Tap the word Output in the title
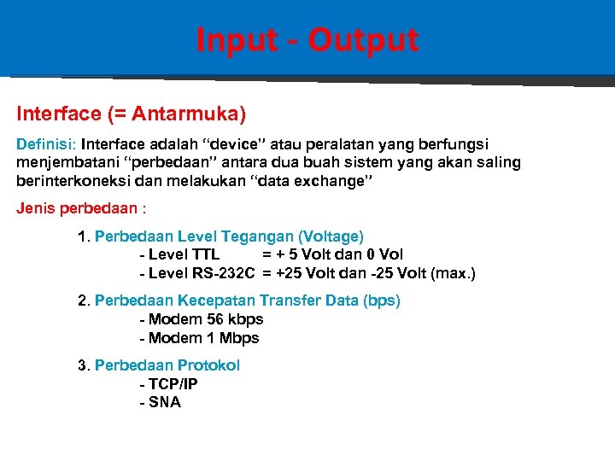pyautogui.click(x=363, y=40)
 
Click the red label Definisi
pyautogui.click(x=45, y=144)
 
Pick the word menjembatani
pyautogui.click(x=60, y=162)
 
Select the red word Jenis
pyautogui.click(x=35, y=209)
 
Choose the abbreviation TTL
pyautogui.click(x=206, y=254)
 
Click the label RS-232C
pyautogui.click(x=223, y=273)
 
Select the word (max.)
pyautogui.click(x=453, y=273)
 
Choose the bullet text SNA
pyautogui.click(x=164, y=403)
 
